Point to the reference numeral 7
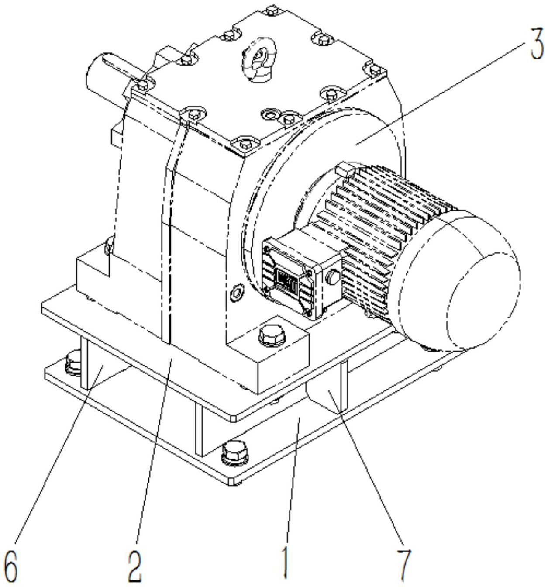[x=404, y=567]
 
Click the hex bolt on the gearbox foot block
[x=272, y=335]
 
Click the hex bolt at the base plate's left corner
[x=72, y=363]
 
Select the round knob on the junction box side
[x=334, y=276]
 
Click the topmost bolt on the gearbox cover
[x=271, y=9]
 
